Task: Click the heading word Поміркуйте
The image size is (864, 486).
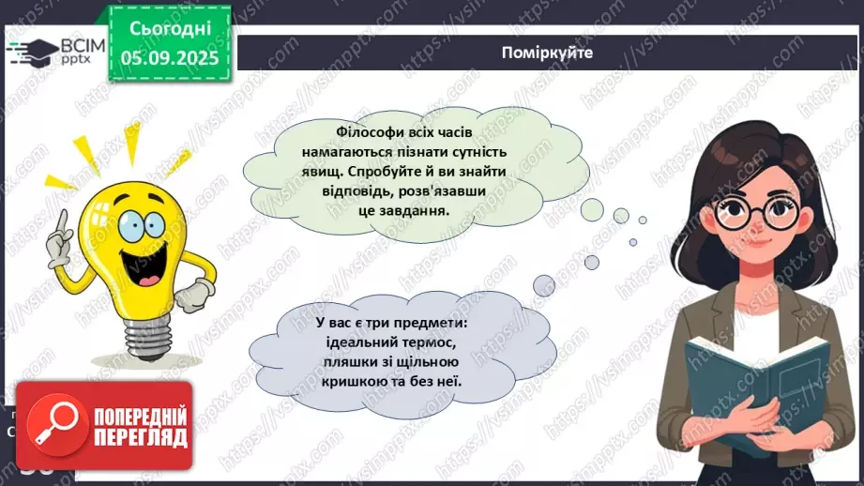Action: point(547,53)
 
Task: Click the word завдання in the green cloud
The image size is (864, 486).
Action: point(417,211)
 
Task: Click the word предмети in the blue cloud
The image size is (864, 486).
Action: point(429,323)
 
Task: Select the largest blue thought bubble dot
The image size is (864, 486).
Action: point(544,285)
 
